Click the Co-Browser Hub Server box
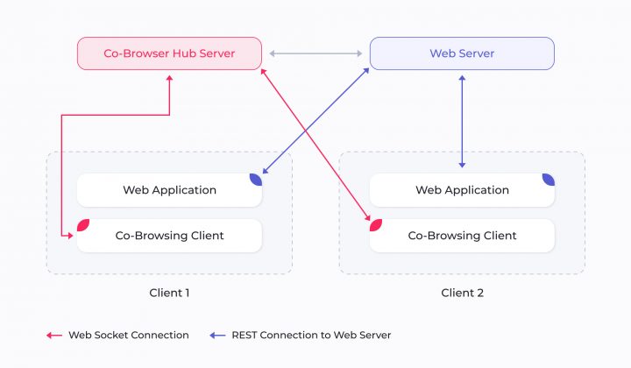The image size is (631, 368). pos(169,53)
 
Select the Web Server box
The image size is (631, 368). pos(462,53)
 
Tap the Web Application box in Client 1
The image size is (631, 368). pos(169,190)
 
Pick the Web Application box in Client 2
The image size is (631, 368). pos(462,190)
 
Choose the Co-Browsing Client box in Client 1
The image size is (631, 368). pos(169,236)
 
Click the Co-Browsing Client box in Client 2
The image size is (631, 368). pos(462,236)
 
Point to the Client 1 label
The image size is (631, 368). pos(169,293)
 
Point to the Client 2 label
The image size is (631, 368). pos(462,293)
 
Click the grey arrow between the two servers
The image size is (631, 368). pos(315,53)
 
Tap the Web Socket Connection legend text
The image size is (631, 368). pos(129,335)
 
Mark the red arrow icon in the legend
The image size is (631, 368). pos(54,335)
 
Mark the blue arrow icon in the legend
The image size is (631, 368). pos(218,335)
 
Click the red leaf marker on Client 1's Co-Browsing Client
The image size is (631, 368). pos(83,225)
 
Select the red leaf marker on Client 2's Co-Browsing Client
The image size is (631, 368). pos(376,225)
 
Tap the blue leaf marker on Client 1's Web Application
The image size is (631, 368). pos(255,180)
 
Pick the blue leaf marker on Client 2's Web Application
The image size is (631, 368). pos(548,180)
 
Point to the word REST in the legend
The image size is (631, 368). pos(245,335)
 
